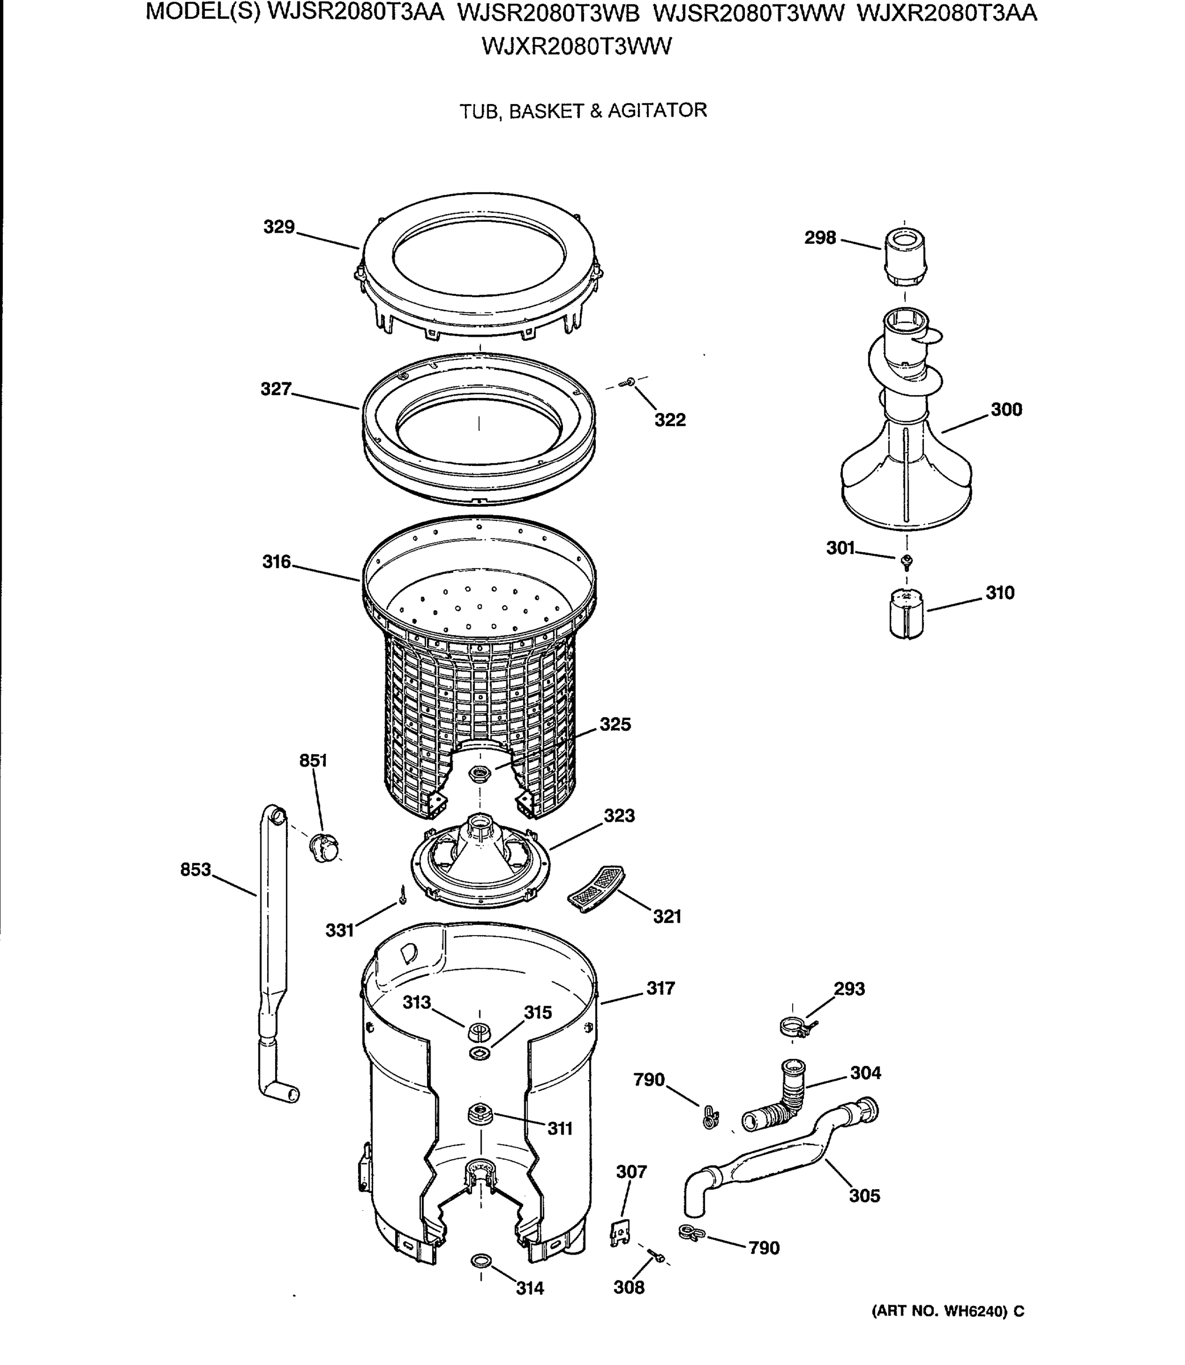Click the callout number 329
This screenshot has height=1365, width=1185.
(x=279, y=227)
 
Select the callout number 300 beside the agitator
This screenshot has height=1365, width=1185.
(x=1006, y=409)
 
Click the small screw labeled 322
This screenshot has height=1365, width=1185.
(x=629, y=382)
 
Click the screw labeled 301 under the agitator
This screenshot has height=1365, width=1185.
(x=908, y=562)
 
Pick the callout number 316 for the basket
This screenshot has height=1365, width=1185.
(x=276, y=561)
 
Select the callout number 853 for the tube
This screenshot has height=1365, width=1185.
(x=195, y=869)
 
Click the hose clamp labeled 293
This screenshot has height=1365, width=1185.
(x=795, y=1027)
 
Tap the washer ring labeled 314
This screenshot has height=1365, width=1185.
(x=480, y=1261)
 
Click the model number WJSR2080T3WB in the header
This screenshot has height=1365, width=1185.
(x=548, y=13)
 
